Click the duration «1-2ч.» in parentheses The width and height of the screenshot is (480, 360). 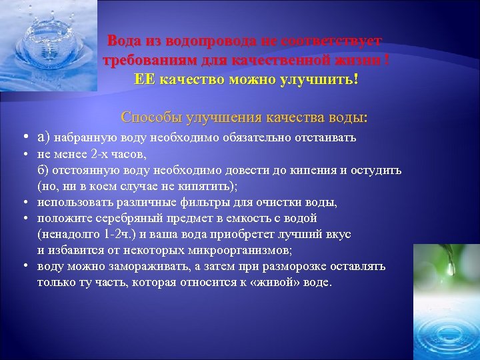coord(116,234)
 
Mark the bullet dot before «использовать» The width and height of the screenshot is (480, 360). coord(23,202)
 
